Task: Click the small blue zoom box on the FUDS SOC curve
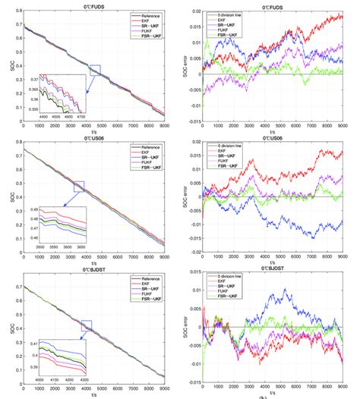tap(93, 70)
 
